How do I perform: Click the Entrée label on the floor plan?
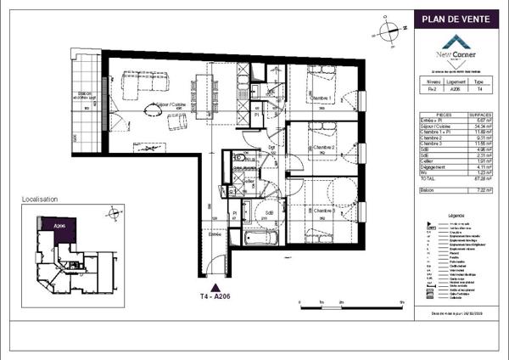[215, 233]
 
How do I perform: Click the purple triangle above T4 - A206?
[219, 287]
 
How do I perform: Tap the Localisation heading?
[40, 199]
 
